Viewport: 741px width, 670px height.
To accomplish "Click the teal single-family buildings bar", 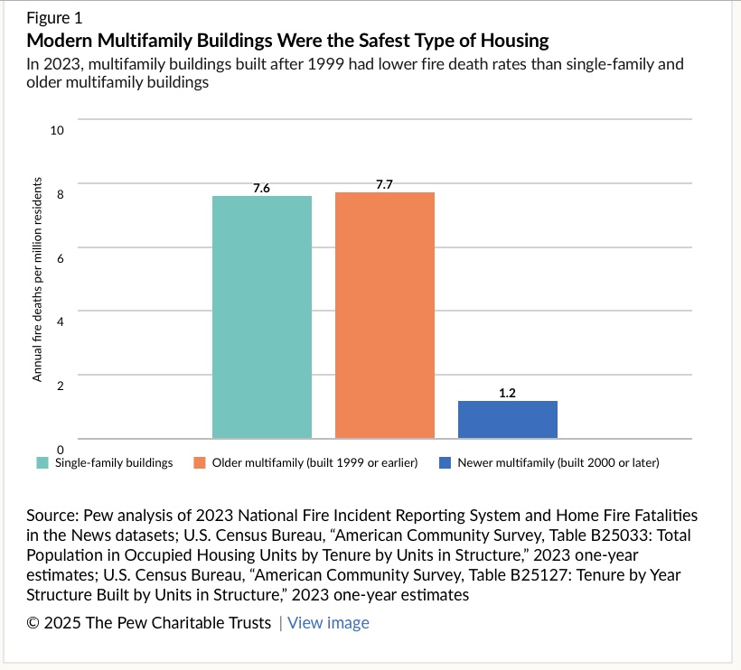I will [x=262, y=317].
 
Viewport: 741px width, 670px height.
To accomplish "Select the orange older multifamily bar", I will [x=385, y=315].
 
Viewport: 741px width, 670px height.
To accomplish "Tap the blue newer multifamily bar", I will [x=508, y=420].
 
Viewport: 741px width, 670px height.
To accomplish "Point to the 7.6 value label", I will [x=262, y=188].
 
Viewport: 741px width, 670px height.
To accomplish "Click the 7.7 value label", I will [x=385, y=184].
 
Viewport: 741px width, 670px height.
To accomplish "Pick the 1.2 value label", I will [x=508, y=394].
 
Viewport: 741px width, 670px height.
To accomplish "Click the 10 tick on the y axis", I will [x=58, y=131].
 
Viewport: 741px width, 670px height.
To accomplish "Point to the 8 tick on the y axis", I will [x=61, y=194].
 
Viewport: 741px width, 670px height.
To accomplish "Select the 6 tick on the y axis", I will [x=61, y=258].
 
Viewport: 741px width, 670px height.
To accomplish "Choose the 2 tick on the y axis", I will [x=61, y=386].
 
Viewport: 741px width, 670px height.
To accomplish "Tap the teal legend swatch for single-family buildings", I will [x=42, y=463].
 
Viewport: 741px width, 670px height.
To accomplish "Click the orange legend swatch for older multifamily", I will [x=200, y=463].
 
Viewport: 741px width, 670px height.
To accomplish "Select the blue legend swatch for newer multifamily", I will [x=445, y=463].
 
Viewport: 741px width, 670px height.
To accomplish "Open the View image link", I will [x=329, y=623].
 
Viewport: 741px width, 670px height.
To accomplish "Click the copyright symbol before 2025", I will [x=34, y=623].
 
